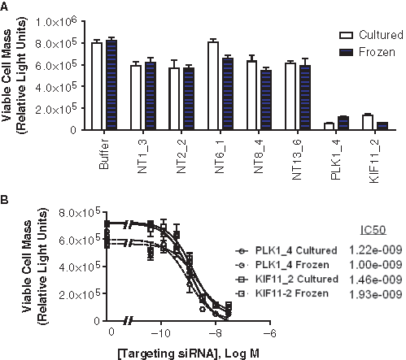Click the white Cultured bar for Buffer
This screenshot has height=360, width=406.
pyautogui.click(x=97, y=86)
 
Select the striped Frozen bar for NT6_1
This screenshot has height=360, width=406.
pyautogui.click(x=228, y=93)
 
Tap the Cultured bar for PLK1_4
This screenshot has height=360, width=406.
pyautogui.click(x=330, y=126)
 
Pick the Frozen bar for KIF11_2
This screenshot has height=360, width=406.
pyautogui.click(x=382, y=126)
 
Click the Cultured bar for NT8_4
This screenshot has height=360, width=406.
pyautogui.click(x=251, y=95)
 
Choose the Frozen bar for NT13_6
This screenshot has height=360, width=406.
pyautogui.click(x=305, y=98)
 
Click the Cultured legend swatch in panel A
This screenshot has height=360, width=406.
pyautogui.click(x=346, y=35)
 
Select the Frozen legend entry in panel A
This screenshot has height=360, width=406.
pyautogui.click(x=367, y=52)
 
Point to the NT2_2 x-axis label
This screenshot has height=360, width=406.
pyautogui.click(x=181, y=156)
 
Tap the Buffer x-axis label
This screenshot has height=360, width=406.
pyautogui.click(x=104, y=154)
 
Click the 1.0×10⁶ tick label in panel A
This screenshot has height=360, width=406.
pyautogui.click(x=56, y=22)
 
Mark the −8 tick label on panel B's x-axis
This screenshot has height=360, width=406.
pyautogui.click(x=216, y=333)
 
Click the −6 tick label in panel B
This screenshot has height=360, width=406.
pyautogui.click(x=269, y=333)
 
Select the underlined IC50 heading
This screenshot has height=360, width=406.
pyautogui.click(x=373, y=230)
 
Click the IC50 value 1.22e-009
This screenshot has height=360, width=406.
pyautogui.click(x=375, y=250)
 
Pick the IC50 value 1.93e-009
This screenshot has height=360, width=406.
pyautogui.click(x=375, y=294)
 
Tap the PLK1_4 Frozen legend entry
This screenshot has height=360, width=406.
pyautogui.click(x=282, y=265)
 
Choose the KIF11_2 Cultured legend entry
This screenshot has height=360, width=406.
pyautogui.click(x=287, y=280)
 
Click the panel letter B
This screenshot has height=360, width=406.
pyautogui.click(x=4, y=200)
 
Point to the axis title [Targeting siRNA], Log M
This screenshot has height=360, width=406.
pyautogui.click(x=189, y=353)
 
